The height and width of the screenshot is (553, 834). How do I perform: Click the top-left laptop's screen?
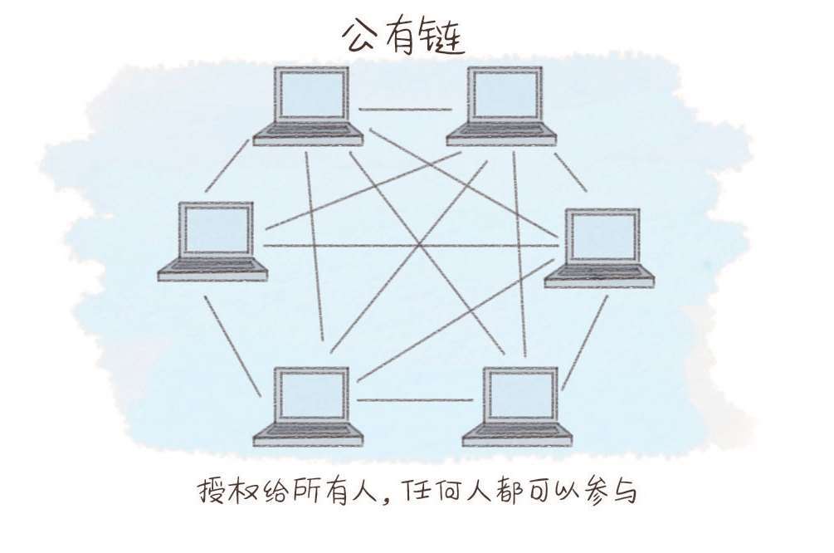click(x=312, y=94)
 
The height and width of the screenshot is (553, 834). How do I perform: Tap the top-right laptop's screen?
click(x=505, y=94)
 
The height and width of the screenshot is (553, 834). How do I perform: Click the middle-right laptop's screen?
click(x=602, y=236)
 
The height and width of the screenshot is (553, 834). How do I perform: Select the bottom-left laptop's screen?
click(x=312, y=394)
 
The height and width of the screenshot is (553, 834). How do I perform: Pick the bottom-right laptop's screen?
click(x=520, y=394)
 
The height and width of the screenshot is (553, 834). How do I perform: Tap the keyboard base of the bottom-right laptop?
click(x=517, y=435)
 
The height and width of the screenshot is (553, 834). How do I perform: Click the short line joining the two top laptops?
click(x=405, y=110)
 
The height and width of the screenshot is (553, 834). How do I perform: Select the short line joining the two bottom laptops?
click(x=415, y=399)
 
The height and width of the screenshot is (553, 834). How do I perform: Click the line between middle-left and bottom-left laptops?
click(x=233, y=346)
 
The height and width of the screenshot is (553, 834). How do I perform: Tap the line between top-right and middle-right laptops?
click(x=571, y=172)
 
